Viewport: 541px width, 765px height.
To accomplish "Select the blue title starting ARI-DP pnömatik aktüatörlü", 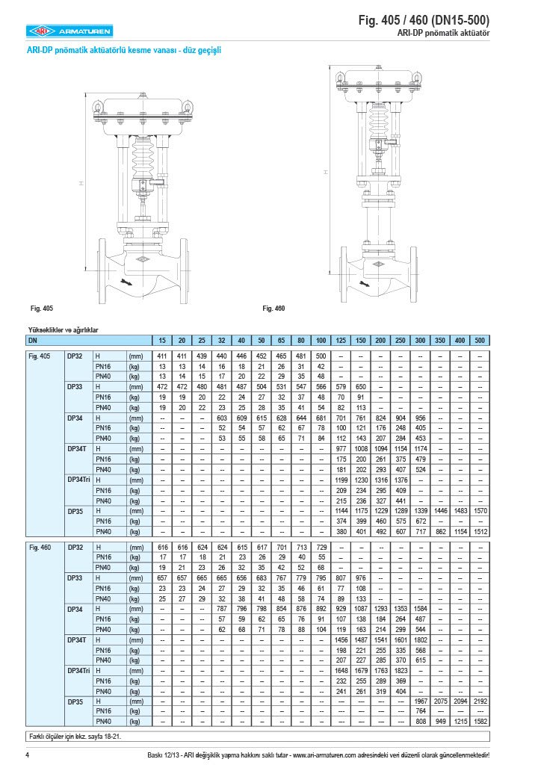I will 123,51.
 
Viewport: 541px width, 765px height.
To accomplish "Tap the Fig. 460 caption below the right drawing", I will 273,308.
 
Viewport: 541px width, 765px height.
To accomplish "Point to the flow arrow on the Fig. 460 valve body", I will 364,284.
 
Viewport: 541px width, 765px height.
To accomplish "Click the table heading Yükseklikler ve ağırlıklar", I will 64,329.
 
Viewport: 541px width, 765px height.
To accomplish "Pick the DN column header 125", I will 341,340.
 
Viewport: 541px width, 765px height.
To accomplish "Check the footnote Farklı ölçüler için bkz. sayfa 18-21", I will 75,737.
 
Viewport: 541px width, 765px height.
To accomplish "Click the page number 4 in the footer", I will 27,755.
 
